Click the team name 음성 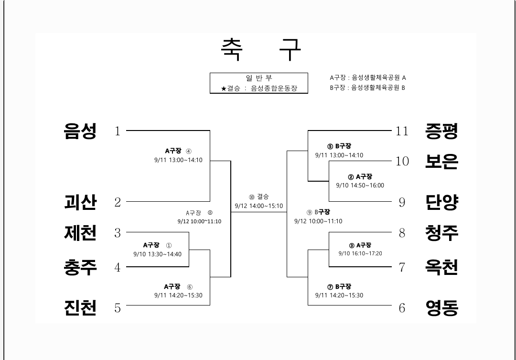point(80,131)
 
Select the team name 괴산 point(80,202)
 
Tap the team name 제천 point(80,233)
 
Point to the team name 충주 point(80,267)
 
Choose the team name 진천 point(80,307)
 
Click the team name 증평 point(441,131)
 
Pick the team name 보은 point(441,161)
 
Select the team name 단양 point(441,202)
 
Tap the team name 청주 point(441,233)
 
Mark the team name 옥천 point(441,267)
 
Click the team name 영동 point(442,307)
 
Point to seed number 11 point(402,131)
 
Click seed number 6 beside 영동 point(402,308)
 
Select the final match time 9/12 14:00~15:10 point(258,206)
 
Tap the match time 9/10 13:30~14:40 point(157,254)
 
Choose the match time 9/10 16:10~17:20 point(360,253)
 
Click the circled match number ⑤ point(330,147)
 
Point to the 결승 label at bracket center point(263,196)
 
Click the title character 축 point(232,49)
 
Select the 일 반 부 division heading point(259,78)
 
